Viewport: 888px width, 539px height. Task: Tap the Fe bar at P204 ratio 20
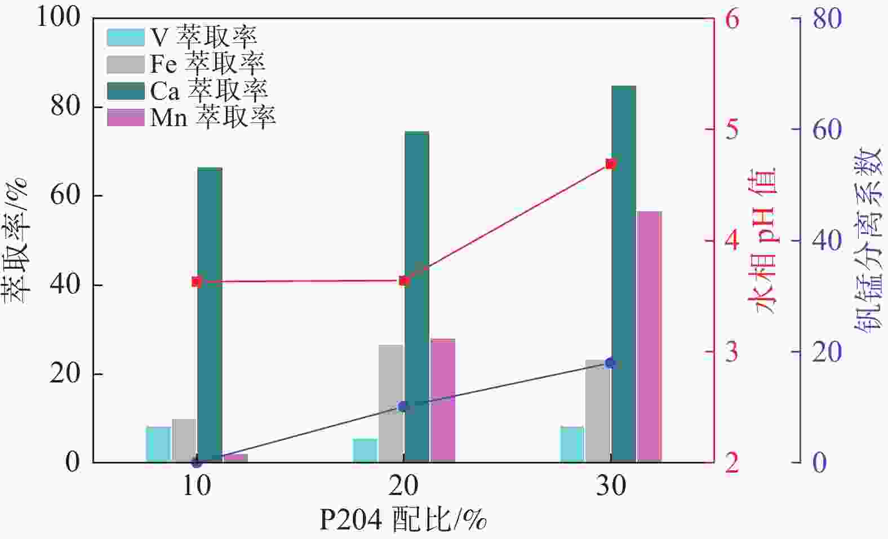click(390, 403)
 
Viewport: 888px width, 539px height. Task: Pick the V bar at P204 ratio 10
click(158, 444)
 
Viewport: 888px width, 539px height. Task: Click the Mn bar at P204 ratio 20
click(442, 400)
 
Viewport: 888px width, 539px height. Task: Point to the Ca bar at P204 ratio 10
click(210, 315)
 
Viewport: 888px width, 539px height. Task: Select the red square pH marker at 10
click(196, 282)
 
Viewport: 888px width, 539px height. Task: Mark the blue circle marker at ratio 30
click(610, 363)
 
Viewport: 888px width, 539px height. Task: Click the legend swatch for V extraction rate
click(126, 37)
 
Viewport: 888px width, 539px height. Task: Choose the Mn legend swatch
click(126, 117)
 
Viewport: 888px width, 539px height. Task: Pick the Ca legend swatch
click(126, 91)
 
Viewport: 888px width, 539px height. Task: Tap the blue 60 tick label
click(827, 130)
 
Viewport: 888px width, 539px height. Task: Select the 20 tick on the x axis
click(403, 485)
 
